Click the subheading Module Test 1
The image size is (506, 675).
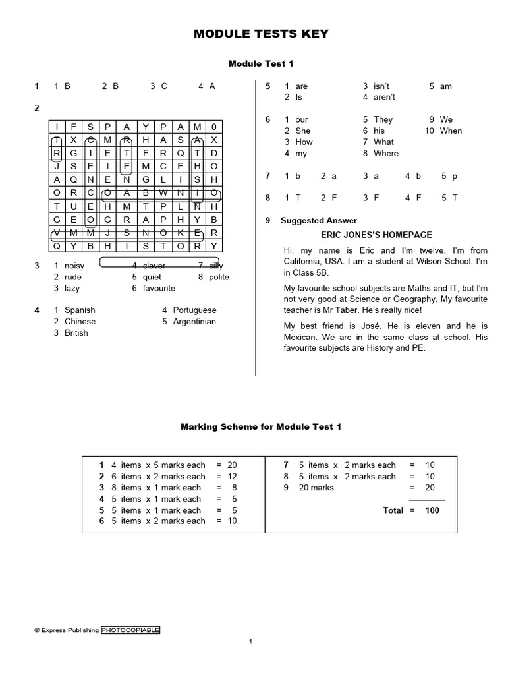[261, 63]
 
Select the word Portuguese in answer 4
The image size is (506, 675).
[194, 310]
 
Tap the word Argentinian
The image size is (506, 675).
[194, 322]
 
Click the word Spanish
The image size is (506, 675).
[80, 310]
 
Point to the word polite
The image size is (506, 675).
[219, 277]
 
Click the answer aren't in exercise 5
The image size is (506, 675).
[384, 98]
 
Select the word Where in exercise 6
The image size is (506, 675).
[386, 154]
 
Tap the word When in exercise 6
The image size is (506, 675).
[451, 131]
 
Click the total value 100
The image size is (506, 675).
[432, 510]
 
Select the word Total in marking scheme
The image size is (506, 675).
[394, 510]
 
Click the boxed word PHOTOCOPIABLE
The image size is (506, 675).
[130, 630]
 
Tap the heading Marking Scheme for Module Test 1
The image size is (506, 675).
[261, 427]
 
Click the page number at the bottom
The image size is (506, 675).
[251, 642]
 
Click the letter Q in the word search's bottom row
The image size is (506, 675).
[57, 246]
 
